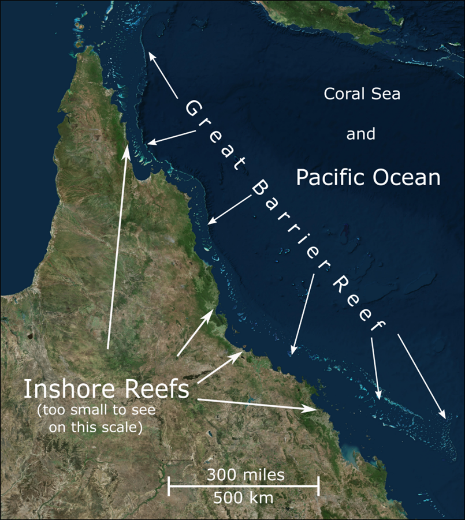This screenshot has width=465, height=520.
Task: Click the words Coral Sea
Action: coord(362,93)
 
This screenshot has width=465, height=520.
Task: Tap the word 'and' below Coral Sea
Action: coord(361,135)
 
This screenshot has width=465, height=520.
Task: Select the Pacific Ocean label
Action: coord(368,177)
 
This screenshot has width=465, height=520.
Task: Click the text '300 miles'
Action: coord(245,475)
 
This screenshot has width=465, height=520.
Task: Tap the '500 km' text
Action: coord(243,496)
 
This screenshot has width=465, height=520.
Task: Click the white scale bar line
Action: coord(243,486)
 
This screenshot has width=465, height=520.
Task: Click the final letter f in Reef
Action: coord(378,326)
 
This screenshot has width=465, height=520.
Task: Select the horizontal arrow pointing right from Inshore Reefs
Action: coord(257,404)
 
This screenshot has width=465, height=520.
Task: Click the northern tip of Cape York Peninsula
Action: coord(88,48)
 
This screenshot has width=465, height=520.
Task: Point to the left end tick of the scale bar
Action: coord(169,486)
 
